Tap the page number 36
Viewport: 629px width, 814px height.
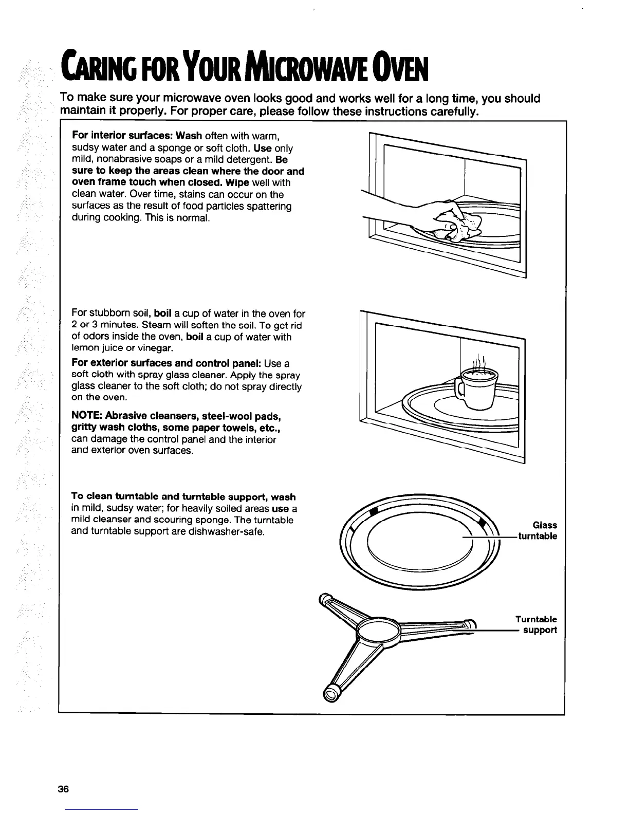63,790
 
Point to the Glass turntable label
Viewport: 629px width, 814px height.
538,531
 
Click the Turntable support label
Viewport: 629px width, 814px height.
536,624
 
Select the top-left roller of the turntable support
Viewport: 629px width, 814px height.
325,598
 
